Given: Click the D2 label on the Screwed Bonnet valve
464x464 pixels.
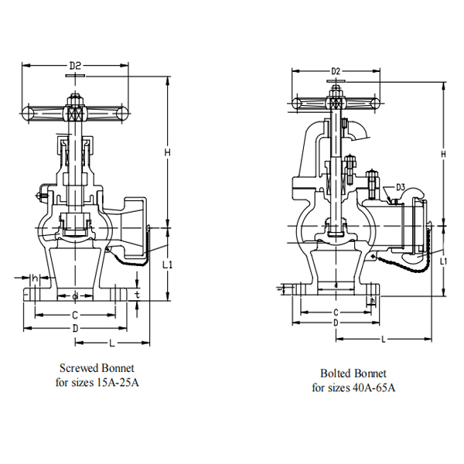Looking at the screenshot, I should click(75, 67).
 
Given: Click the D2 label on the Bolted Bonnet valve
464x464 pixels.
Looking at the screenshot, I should click(336, 72).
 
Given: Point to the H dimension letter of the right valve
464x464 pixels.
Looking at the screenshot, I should click(443, 155).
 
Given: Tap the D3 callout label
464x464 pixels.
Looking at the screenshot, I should click(401, 187).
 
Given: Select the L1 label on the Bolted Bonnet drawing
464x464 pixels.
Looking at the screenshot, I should click(444, 262).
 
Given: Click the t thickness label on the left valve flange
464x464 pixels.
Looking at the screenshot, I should click(136, 295).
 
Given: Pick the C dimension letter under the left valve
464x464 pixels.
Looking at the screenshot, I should click(74, 316).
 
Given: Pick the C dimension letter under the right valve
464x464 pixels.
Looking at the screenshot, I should click(336, 312).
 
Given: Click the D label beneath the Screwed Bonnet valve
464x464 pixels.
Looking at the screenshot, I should click(74, 329).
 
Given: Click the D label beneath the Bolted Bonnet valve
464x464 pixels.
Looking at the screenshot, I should click(336, 322).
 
